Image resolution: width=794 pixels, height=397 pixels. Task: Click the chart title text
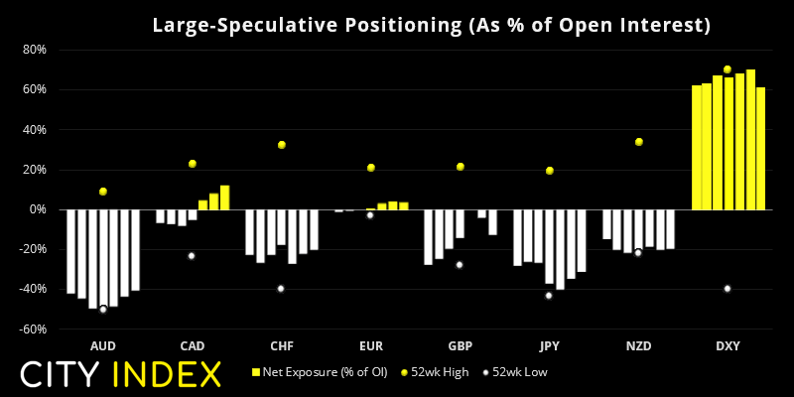[431, 24]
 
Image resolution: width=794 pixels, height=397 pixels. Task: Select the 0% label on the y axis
[38, 209]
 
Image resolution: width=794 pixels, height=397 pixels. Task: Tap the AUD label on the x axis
[102, 345]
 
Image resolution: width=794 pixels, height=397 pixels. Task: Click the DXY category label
[728, 345]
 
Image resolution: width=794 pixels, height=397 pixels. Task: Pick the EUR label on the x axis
[370, 345]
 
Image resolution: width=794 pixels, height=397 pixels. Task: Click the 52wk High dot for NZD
[638, 142]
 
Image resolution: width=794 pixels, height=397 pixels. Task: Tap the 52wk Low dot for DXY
[728, 289]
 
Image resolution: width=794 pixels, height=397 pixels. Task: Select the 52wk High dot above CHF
[281, 145]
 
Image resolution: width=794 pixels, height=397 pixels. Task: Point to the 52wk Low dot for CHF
[281, 289]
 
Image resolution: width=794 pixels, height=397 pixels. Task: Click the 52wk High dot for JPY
[549, 171]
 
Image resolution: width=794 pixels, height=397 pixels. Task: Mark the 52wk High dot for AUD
[102, 192]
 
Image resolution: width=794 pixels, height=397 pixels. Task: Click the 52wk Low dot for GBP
[460, 265]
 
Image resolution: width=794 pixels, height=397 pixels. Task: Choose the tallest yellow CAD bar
[224, 198]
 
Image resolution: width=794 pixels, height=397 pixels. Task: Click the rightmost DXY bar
[760, 149]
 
